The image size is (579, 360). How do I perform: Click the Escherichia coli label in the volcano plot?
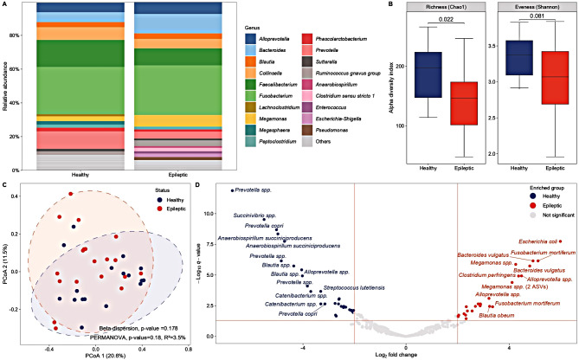[x=537, y=242]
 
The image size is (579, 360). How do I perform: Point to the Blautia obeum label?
[x=498, y=316]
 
